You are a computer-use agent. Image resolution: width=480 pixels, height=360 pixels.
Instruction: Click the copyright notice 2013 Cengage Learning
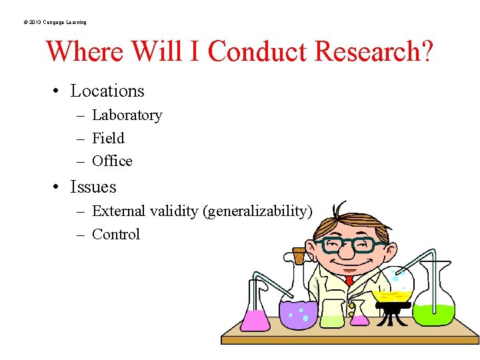coord(54,22)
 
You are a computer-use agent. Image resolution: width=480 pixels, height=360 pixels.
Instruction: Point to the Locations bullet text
coord(107,91)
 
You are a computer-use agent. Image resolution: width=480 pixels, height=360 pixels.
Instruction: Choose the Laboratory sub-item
coord(127,115)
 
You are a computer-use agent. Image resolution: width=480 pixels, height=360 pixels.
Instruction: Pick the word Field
coord(108,138)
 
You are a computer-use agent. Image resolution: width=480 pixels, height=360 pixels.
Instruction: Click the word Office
coord(112,161)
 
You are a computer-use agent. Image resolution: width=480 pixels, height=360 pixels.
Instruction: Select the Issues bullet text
coord(93,187)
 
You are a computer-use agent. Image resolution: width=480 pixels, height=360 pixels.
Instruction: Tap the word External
coord(119,211)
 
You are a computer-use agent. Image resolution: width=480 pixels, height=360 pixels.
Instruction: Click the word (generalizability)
coord(258,211)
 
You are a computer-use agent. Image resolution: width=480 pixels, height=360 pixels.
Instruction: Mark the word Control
coord(116,234)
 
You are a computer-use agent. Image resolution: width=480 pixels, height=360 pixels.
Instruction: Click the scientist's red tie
coord(349,281)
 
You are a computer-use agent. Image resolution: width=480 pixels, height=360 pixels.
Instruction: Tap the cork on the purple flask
coord(299,255)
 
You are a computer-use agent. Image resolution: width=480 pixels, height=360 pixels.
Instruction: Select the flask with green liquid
coord(434,307)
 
